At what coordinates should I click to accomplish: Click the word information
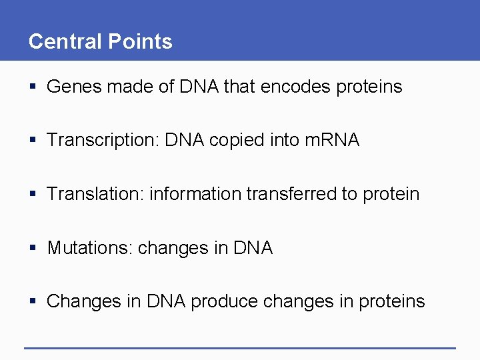[196, 194]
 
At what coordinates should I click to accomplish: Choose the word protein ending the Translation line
[391, 195]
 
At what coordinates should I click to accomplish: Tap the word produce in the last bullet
[224, 302]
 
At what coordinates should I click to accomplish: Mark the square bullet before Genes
[33, 87]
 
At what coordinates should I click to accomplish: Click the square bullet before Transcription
[33, 141]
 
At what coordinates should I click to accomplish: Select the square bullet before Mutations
[33, 249]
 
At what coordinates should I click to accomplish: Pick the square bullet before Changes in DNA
[33, 302]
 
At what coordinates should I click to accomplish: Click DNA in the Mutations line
[253, 248]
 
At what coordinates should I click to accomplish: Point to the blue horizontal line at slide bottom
[239, 348]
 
